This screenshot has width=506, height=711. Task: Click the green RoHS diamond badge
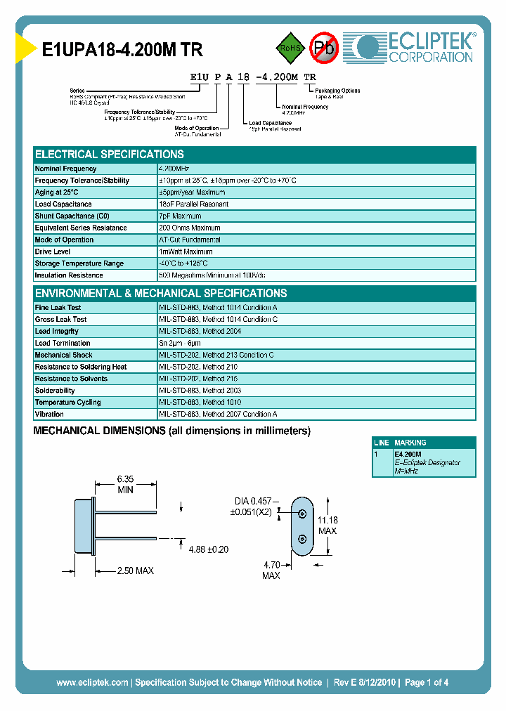[x=289, y=48]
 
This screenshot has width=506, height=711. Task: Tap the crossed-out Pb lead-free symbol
[x=323, y=48]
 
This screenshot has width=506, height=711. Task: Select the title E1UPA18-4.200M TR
[x=123, y=51]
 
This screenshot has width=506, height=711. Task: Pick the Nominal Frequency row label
[x=66, y=169]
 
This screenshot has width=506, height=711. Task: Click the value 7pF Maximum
[x=180, y=216]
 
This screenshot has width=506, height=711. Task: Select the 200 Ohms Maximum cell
[x=190, y=228]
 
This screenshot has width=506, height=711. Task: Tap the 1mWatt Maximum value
[x=186, y=252]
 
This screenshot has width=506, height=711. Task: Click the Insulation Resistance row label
[x=70, y=275]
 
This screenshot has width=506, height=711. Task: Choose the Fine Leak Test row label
[x=58, y=308]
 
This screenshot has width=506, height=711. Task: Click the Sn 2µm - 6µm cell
[x=185, y=344]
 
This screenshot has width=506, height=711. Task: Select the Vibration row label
[x=49, y=415]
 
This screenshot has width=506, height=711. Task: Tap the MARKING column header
[x=410, y=443]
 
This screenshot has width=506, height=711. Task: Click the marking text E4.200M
[x=408, y=455]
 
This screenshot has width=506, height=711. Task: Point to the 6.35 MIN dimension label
[x=125, y=485]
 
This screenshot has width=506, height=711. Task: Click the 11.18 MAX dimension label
[x=327, y=526]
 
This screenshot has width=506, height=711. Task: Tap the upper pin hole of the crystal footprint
[x=301, y=513]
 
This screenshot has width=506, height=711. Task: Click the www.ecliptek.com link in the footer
[x=92, y=682]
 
